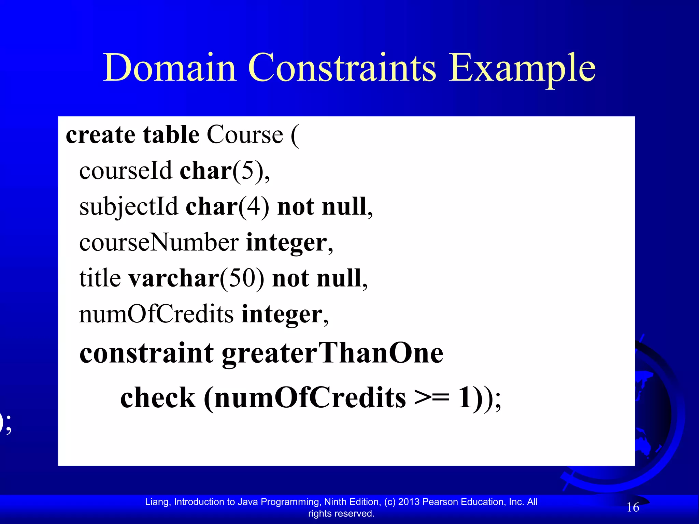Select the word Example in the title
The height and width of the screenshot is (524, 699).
click(x=522, y=68)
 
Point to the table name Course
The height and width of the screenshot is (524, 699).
click(x=245, y=135)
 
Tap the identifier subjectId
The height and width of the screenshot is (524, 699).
click(x=128, y=207)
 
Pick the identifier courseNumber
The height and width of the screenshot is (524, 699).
click(x=159, y=243)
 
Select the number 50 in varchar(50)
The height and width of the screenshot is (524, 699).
click(x=242, y=278)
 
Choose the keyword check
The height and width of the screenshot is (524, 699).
click(x=158, y=398)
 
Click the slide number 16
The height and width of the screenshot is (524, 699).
click(x=633, y=507)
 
